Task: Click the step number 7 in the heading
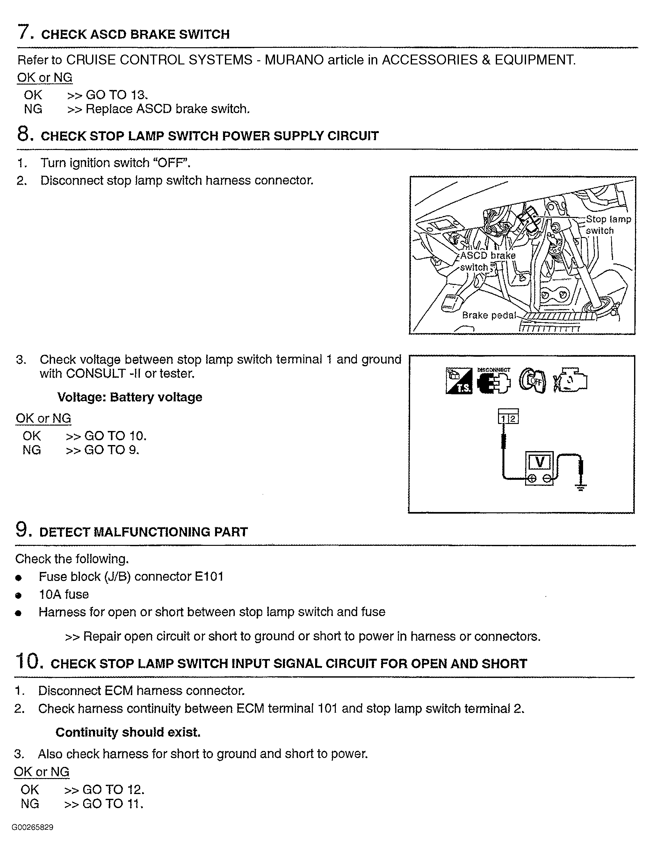[x=24, y=32]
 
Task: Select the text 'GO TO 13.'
[x=117, y=95]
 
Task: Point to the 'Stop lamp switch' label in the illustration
[x=608, y=225]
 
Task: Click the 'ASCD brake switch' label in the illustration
[x=487, y=261]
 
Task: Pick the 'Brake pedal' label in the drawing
[x=489, y=315]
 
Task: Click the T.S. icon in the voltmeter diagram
[x=459, y=380]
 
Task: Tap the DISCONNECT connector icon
[x=494, y=380]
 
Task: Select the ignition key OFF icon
[x=532, y=380]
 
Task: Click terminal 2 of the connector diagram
[x=513, y=419]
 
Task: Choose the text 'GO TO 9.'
[x=112, y=450]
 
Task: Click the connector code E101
[x=209, y=576]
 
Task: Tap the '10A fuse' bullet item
[x=64, y=594]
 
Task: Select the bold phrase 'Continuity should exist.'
[x=128, y=732]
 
